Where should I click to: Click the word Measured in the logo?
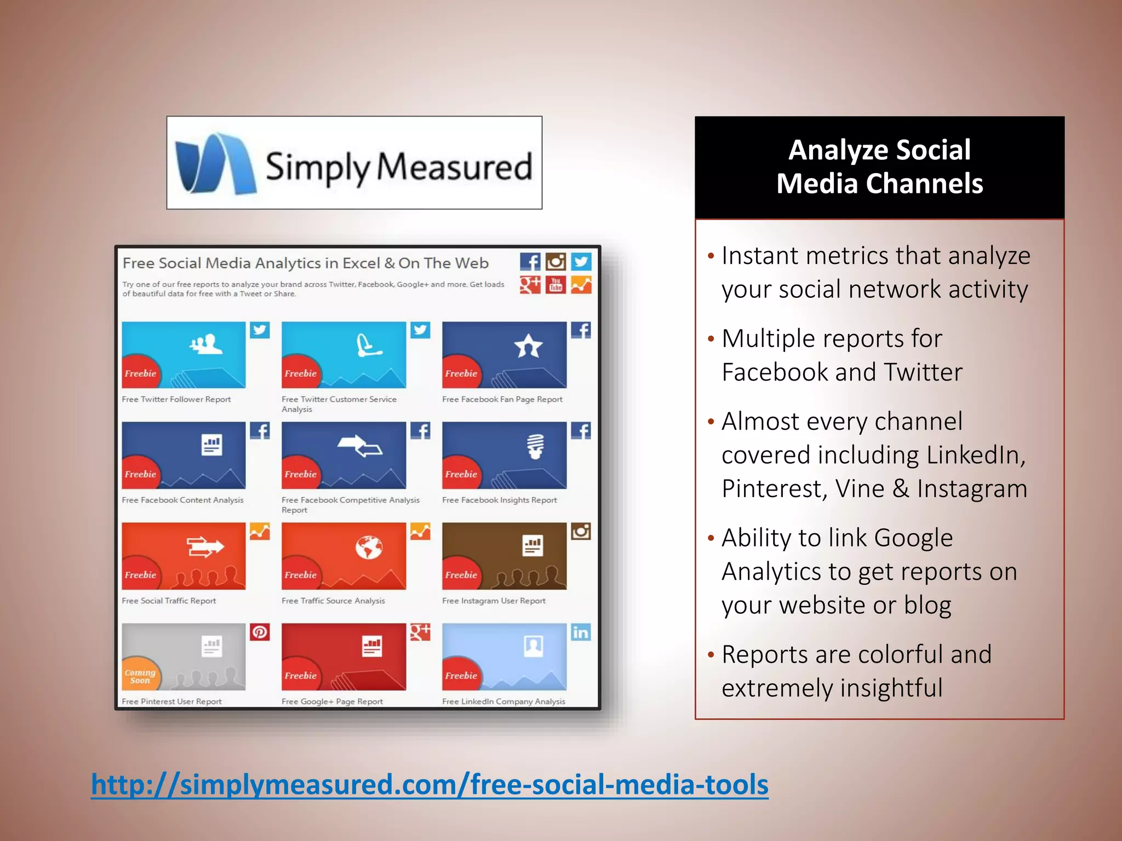(455, 167)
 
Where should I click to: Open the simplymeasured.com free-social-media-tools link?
(430, 784)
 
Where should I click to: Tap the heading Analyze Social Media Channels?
(879, 166)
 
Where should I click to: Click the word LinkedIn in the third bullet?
(975, 455)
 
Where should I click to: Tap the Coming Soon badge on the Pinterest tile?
(140, 676)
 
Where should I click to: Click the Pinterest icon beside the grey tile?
(260, 632)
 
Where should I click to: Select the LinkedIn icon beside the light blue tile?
(581, 632)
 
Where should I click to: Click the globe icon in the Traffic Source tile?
(369, 546)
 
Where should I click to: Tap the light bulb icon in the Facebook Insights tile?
(535, 446)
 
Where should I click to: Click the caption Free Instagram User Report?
(494, 601)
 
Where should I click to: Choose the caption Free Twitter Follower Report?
(176, 399)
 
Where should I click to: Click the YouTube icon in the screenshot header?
(556, 285)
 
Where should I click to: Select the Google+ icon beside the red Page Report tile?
(420, 632)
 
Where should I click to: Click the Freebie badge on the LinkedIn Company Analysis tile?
(460, 676)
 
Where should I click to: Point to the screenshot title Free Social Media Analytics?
(305, 263)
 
